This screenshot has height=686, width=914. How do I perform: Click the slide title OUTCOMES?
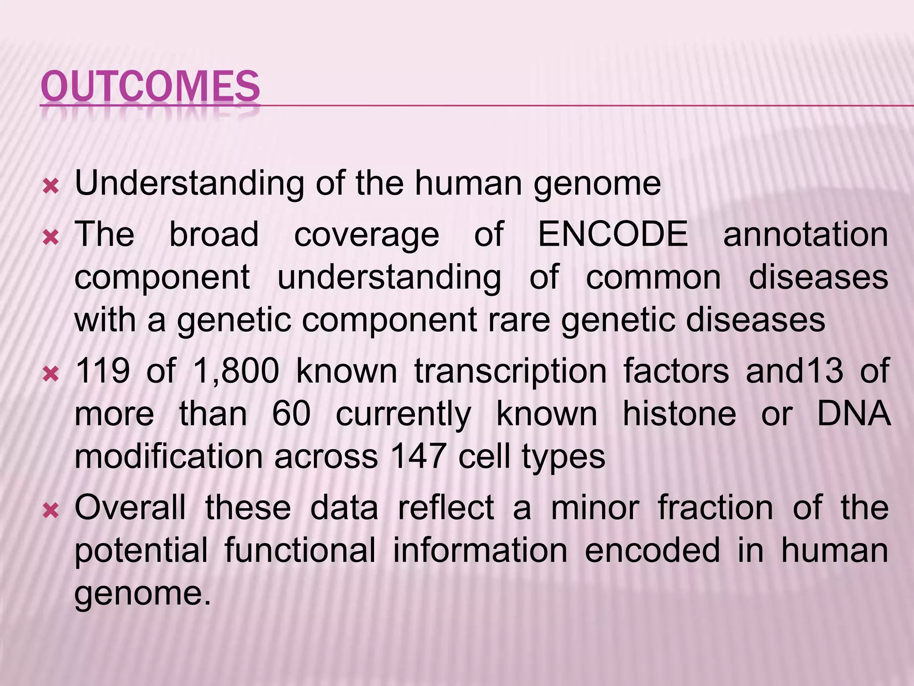coord(150,86)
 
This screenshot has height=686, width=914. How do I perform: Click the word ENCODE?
coord(613,234)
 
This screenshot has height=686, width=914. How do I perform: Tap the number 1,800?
coord(236,371)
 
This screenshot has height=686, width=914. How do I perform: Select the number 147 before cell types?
coord(418,456)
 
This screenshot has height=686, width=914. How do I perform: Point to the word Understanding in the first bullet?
coord(189,184)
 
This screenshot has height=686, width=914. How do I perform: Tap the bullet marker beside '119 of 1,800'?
coord(51,373)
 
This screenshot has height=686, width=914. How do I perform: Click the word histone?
coord(679,414)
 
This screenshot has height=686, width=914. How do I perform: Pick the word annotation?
coord(805,235)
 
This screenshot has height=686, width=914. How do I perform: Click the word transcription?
coord(511,372)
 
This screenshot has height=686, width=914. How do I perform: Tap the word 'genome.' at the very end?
coord(142,594)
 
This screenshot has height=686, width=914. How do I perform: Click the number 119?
coord(102,371)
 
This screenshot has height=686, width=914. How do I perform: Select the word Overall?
coord(130,508)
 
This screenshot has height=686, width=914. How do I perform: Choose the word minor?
coord(595,508)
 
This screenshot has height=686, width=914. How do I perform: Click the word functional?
coord(300,550)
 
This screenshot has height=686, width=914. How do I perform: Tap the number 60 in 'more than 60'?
coord(291,414)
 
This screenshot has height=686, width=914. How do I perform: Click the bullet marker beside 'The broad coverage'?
coord(51,237)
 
